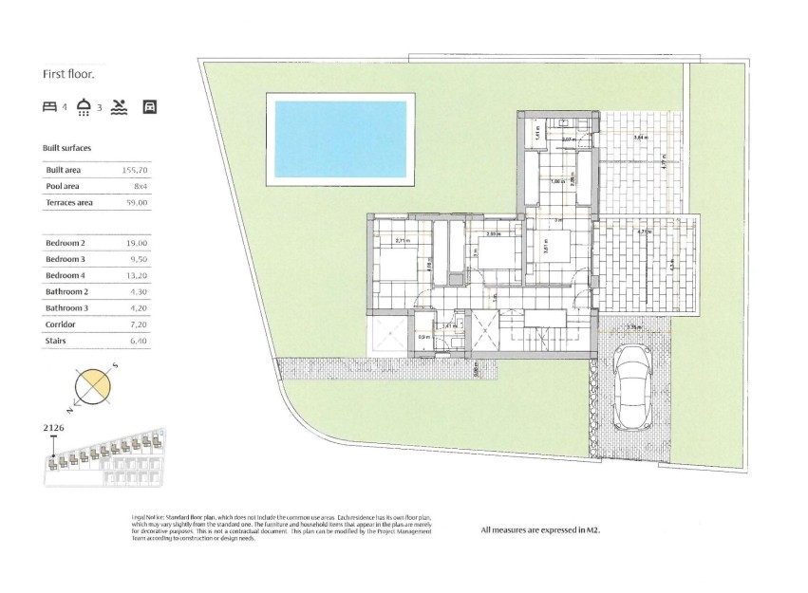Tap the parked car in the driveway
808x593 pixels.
tap(632, 386)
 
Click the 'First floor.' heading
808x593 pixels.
tap(69, 73)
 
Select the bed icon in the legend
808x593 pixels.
tap(50, 106)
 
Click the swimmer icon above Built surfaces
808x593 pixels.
tap(118, 106)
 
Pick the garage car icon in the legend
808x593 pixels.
tap(149, 106)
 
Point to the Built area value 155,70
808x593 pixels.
tap(136, 170)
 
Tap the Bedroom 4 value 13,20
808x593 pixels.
tap(136, 276)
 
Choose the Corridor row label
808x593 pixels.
tap(62, 324)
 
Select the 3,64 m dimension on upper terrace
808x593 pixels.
tap(640, 139)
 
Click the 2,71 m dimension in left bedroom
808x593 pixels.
tap(402, 240)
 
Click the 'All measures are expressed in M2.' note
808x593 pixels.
tap(541, 530)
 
